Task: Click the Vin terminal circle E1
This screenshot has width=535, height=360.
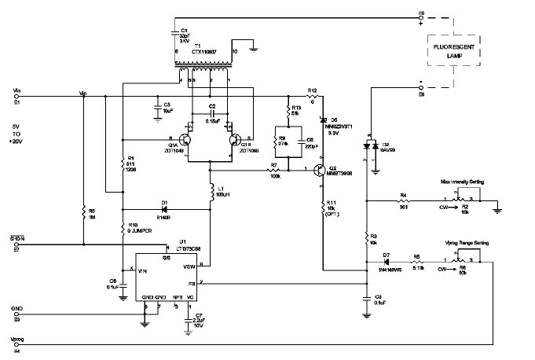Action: (16, 97)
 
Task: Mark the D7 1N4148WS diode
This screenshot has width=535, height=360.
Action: (387, 263)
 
